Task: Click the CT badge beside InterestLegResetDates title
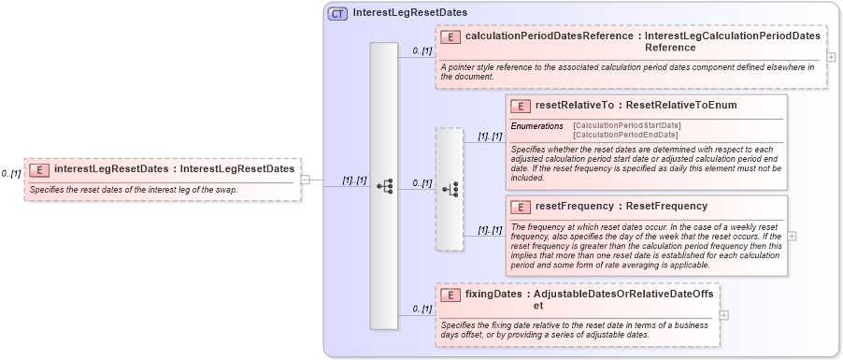337,13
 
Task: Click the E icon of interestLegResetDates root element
40,169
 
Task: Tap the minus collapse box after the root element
305,180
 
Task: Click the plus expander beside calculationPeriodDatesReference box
832,57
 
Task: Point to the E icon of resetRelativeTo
521,105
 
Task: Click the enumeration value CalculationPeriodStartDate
626,125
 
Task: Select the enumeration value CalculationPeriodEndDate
624,135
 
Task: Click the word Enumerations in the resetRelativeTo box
536,125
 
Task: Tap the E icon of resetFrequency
521,206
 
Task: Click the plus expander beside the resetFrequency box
793,236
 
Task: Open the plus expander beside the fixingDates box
723,314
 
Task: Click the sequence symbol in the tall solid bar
384,186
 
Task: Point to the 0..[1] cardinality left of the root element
11,174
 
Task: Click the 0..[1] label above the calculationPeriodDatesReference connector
421,50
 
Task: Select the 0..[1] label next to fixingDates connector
421,309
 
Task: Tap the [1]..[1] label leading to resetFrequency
490,229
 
